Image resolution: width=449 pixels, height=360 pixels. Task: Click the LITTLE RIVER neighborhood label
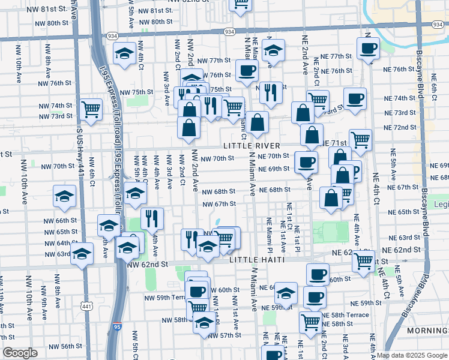[252, 146]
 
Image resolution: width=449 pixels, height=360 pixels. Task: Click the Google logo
[20, 353]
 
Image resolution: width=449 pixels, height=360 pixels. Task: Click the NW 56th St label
[65, 346]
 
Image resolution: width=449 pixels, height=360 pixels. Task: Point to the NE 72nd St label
[400, 127]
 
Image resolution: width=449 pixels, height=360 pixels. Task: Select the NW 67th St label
[218, 203]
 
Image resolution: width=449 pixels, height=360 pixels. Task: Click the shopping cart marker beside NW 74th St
[91, 109]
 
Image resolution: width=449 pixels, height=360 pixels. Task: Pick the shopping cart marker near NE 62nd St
[364, 261]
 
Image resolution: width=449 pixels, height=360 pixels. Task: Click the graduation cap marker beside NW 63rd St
[82, 253]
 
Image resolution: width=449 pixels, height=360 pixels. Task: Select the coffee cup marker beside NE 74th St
[355, 98]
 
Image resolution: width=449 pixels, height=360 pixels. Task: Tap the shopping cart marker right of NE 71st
[360, 140]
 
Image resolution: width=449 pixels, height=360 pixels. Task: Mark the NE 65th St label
[407, 212]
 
